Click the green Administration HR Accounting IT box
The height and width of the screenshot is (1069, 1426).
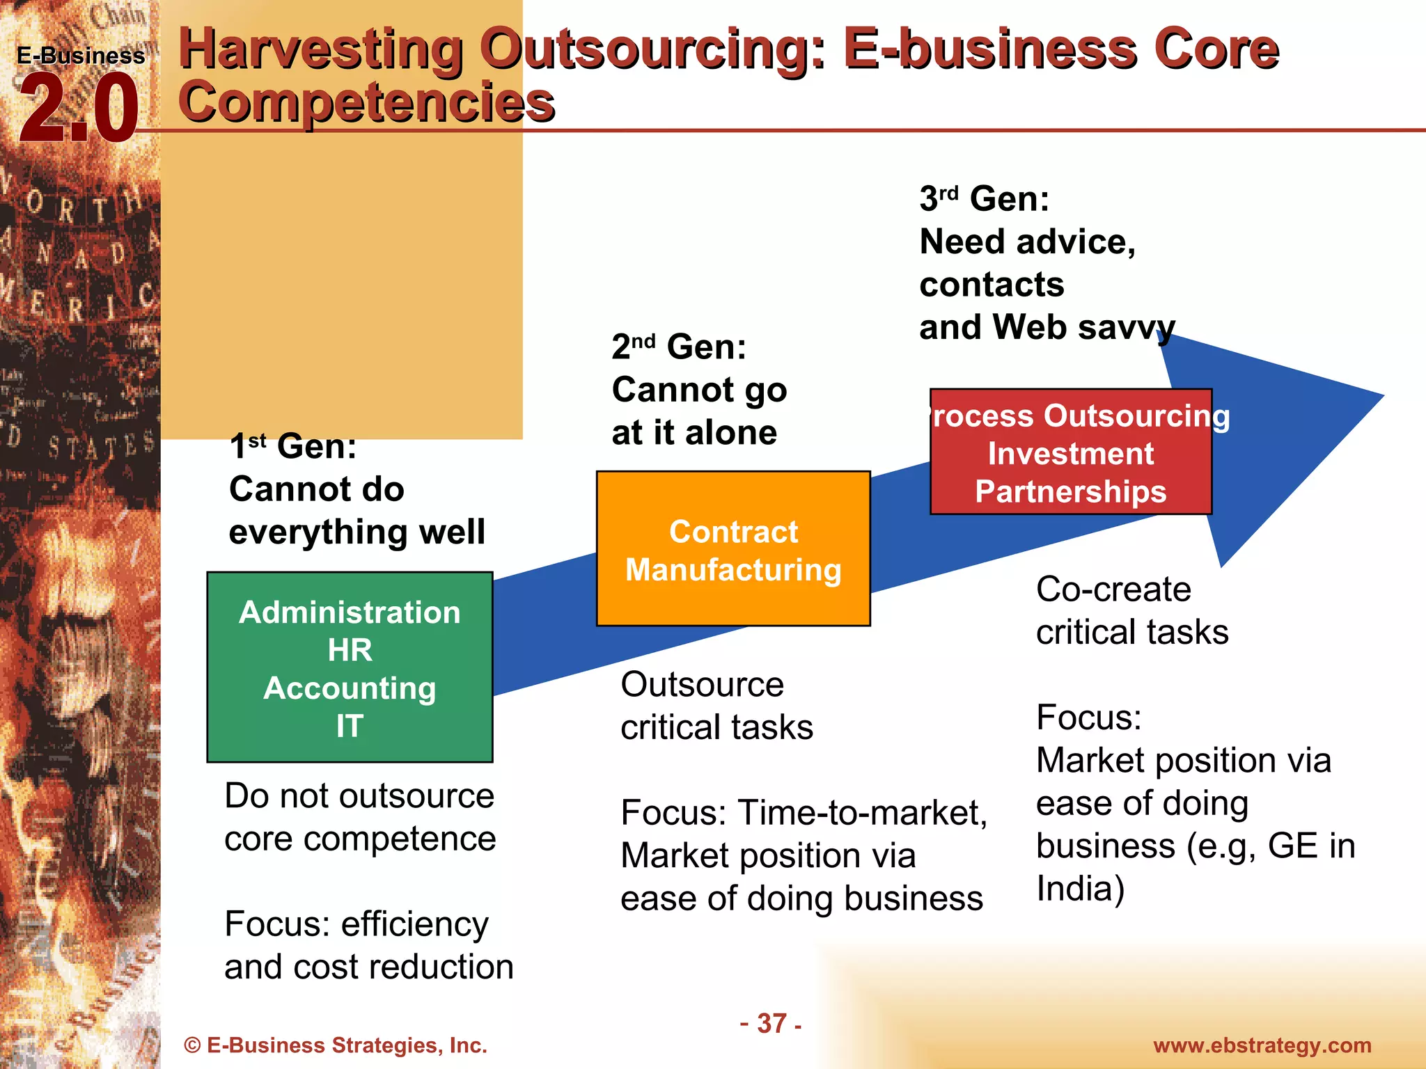(350, 667)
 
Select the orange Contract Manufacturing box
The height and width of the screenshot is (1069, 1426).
(733, 548)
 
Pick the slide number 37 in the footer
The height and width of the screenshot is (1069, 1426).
(771, 1023)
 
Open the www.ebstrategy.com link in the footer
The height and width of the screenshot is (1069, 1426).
(1262, 1045)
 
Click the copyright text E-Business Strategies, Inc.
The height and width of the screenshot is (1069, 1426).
(336, 1045)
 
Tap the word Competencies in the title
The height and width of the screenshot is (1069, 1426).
(366, 102)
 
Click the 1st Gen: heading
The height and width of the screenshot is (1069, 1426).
(293, 445)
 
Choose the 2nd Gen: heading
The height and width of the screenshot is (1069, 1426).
(679, 346)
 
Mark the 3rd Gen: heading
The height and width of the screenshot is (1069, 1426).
(984, 198)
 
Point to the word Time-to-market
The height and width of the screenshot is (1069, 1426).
(862, 812)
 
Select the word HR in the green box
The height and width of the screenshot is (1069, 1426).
(350, 650)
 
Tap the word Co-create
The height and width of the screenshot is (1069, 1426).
(1113, 589)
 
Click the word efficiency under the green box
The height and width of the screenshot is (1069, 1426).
(415, 924)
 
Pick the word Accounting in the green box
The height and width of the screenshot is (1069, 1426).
(350, 688)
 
